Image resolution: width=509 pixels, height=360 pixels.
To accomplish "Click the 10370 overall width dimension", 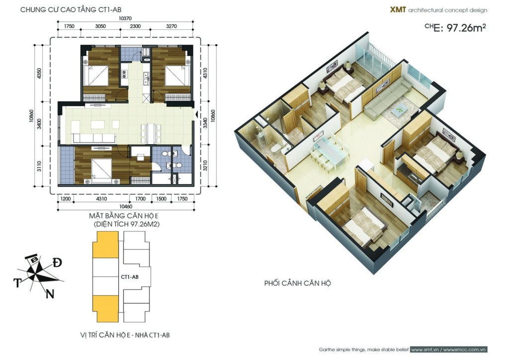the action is (x=125, y=18).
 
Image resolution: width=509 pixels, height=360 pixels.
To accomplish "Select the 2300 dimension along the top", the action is (x=135, y=26).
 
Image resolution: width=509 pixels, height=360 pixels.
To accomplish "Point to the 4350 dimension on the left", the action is (x=39, y=74).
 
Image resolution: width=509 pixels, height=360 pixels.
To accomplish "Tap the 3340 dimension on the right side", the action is (x=205, y=123).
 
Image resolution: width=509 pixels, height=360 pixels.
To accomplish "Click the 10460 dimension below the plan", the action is (x=126, y=206).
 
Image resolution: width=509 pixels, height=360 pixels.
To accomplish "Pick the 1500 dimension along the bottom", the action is (x=161, y=199).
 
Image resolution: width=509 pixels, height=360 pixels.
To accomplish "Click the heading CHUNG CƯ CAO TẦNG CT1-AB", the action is (x=71, y=10).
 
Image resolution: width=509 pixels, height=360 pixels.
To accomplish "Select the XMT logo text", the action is (x=398, y=10).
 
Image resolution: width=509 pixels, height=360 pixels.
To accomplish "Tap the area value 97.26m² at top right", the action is (x=466, y=28).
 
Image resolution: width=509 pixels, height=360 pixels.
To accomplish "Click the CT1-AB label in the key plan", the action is (x=130, y=277).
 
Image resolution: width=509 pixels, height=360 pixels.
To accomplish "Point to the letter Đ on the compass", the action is (x=57, y=263).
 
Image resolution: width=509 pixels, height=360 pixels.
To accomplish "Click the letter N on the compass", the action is (x=50, y=294).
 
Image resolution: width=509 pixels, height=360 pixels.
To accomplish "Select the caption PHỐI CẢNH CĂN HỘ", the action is (x=297, y=283).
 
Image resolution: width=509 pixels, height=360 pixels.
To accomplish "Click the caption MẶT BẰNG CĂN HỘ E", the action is (x=124, y=216).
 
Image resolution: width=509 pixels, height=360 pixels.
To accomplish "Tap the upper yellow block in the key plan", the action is (x=106, y=245).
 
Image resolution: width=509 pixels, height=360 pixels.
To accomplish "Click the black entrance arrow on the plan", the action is (x=196, y=114).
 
